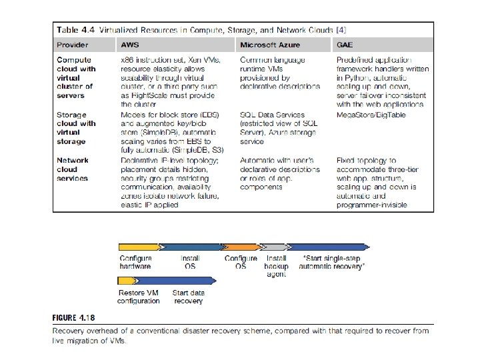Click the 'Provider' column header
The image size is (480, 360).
click(x=73, y=45)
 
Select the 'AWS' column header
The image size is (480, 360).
click(x=130, y=45)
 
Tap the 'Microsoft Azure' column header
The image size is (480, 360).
click(x=271, y=45)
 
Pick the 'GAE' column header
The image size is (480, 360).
click(x=345, y=45)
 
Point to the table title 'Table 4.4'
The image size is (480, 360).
click(x=76, y=29)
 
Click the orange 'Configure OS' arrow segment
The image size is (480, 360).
click(x=239, y=247)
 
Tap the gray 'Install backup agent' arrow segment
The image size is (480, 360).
click(x=273, y=247)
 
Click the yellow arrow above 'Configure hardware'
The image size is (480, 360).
click(x=140, y=247)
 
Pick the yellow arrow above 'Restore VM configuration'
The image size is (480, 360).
click(x=136, y=281)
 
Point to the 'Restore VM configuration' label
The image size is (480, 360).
click(x=138, y=297)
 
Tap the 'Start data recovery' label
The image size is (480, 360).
click(x=188, y=297)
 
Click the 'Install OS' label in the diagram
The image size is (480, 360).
click(x=190, y=262)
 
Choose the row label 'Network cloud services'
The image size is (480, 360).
click(x=73, y=169)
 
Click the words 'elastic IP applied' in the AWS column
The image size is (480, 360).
click(x=149, y=205)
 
